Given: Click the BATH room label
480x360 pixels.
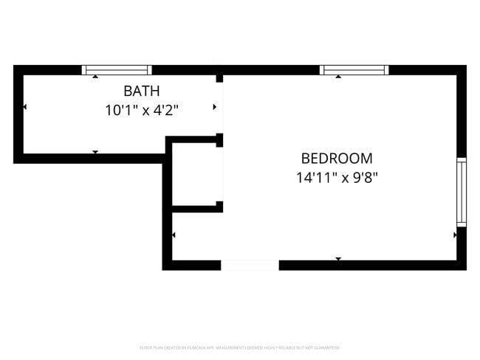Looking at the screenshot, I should click(142, 91).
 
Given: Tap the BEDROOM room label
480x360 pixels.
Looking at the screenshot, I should click(337, 158).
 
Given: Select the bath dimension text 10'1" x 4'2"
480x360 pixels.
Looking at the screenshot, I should click(142, 111).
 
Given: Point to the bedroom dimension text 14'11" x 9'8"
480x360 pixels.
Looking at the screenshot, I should click(337, 177).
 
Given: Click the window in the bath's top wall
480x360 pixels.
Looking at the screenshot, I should click(117, 70).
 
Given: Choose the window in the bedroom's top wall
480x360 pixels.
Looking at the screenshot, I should click(354, 70).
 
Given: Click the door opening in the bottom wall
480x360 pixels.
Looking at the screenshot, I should click(250, 265).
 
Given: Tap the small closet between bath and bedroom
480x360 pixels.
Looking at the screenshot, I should click(196, 173).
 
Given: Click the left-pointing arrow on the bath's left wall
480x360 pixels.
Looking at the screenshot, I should click(25, 108).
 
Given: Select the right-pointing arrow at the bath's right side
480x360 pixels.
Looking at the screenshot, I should click(215, 108).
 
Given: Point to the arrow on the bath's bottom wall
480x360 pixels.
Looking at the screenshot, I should click(95, 152).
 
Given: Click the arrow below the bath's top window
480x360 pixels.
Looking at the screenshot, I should click(95, 77).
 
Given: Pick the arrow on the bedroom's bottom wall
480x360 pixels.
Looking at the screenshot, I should click(338, 258).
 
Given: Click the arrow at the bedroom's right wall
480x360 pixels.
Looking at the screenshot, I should click(455, 235).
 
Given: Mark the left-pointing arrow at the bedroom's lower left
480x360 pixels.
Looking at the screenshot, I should click(174, 235).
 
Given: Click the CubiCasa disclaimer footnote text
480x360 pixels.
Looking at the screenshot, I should click(239, 347).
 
